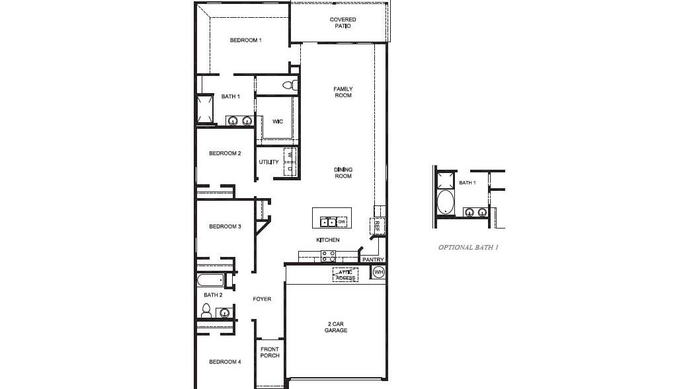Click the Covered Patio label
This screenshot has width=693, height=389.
(343, 22)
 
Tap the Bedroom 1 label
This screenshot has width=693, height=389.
(246, 40)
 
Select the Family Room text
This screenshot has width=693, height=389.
(343, 92)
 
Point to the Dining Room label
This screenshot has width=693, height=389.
(343, 172)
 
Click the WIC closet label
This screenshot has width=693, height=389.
(278, 122)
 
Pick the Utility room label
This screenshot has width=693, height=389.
(268, 162)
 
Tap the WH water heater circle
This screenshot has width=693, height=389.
(379, 273)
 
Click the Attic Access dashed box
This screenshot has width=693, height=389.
(345, 275)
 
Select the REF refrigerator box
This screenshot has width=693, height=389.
(377, 226)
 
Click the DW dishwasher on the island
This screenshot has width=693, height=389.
(342, 222)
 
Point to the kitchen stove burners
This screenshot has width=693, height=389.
(328, 256)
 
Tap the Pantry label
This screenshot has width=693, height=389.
(373, 260)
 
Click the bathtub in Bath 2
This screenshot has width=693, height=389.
(210, 280)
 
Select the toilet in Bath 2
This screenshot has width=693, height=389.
(206, 311)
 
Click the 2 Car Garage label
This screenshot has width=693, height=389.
(336, 327)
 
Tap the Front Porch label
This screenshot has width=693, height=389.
(270, 353)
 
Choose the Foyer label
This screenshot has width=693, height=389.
(262, 299)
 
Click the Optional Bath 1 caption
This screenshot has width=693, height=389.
(468, 247)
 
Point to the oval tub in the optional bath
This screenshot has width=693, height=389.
(445, 203)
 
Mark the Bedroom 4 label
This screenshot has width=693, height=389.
(225, 362)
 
